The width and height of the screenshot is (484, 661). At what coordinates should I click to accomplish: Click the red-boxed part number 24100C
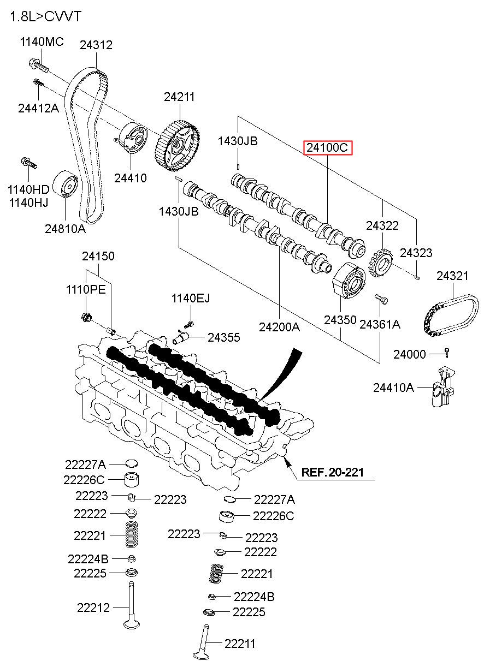[328, 148]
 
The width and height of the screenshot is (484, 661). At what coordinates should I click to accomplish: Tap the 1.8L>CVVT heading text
[45, 16]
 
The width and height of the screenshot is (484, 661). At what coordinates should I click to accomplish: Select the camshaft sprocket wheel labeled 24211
[177, 146]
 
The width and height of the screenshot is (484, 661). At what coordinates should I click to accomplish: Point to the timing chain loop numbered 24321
[451, 315]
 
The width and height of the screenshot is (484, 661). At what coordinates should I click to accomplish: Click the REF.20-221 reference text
[332, 472]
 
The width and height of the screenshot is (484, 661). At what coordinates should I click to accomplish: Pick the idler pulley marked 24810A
[65, 183]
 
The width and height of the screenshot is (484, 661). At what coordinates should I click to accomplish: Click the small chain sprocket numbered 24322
[381, 263]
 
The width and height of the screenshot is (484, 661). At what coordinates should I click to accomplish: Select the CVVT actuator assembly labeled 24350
[349, 281]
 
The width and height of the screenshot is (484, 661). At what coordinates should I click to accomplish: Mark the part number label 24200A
[279, 327]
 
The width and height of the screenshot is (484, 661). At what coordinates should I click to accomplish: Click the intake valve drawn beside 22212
[131, 604]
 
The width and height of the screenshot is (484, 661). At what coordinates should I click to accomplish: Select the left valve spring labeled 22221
[132, 534]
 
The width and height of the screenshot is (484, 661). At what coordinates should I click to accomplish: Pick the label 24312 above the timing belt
[96, 45]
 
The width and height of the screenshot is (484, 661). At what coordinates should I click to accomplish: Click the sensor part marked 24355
[180, 337]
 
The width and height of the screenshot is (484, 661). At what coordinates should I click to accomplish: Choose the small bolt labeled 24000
[446, 353]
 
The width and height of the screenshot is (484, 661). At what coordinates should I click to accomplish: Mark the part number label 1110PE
[86, 290]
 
